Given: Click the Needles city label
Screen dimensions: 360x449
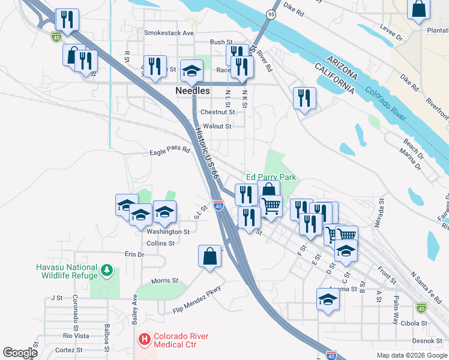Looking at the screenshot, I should [193, 91].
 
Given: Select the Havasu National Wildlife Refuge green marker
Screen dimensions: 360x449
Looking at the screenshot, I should [107, 271].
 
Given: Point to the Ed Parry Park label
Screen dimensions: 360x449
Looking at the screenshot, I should [271, 178].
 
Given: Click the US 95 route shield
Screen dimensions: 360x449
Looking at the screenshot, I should [271, 14].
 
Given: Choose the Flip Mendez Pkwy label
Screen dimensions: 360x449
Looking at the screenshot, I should [197, 299].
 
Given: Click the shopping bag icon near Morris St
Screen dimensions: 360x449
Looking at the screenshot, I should [211, 256].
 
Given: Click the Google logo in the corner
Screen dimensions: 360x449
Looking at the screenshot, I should [20, 353].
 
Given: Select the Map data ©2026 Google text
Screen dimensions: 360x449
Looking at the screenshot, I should [411, 355].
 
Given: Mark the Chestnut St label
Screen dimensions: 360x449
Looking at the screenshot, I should [217, 112].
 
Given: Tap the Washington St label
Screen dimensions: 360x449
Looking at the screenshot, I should [168, 232].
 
